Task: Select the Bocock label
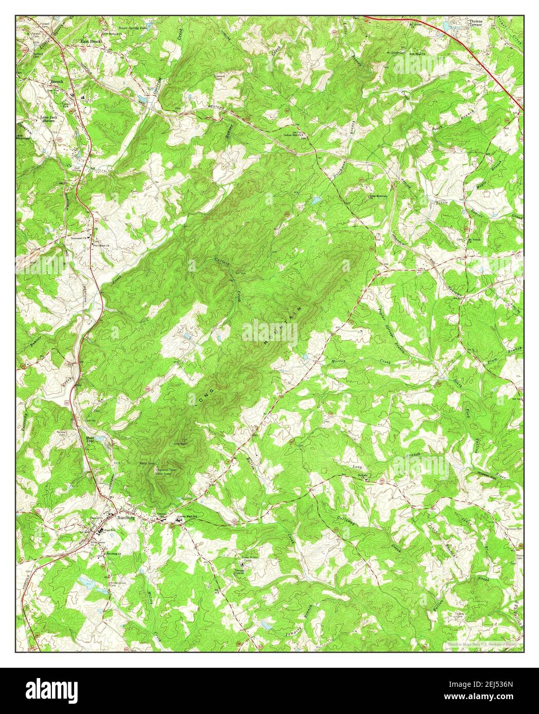coord(56,81)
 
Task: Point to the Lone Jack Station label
coord(51,120)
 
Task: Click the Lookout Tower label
coord(163,470)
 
